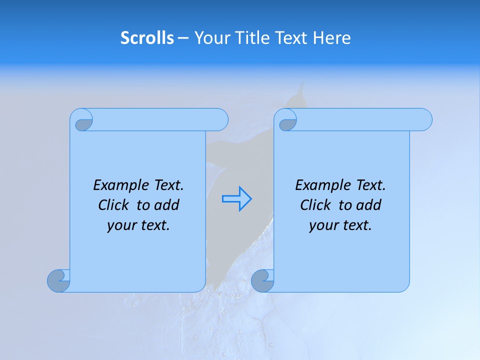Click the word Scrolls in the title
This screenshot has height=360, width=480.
tap(147, 38)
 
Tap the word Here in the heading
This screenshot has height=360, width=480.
tap(331, 38)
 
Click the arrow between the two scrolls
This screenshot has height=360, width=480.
tap(236, 198)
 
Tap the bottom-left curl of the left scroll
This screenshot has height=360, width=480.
tap(59, 280)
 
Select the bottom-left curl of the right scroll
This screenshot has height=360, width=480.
tap(262, 280)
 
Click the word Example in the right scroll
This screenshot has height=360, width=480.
tap(321, 185)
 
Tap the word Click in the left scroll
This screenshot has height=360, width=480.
tap(113, 205)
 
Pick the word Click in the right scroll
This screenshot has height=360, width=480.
tap(315, 205)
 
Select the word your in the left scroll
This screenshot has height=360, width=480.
tap(122, 225)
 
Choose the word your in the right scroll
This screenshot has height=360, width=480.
tap(324, 225)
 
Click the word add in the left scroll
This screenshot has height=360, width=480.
tap(166, 205)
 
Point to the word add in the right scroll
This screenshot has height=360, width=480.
tap(368, 205)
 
